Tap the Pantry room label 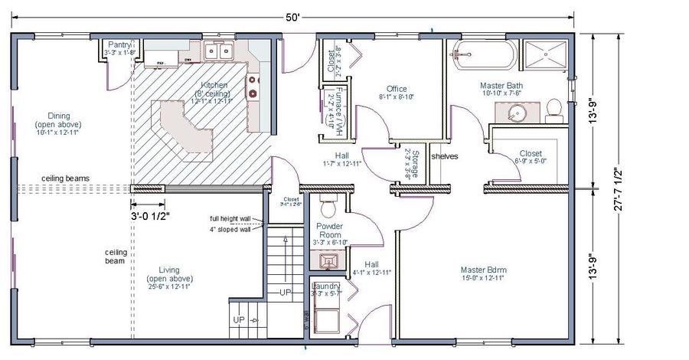tap(120, 45)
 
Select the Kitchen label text tap(214, 85)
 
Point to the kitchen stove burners tap(254, 85)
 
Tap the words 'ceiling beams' tap(65, 178)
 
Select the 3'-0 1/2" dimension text tap(150, 216)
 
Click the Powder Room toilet tap(328, 208)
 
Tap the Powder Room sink tap(328, 262)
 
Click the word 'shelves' tap(444, 155)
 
